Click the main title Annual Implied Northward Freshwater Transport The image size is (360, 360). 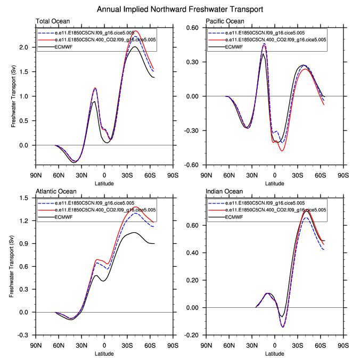click(179, 10)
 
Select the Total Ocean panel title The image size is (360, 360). click(52, 21)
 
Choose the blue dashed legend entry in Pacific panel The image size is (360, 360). click(266, 33)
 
